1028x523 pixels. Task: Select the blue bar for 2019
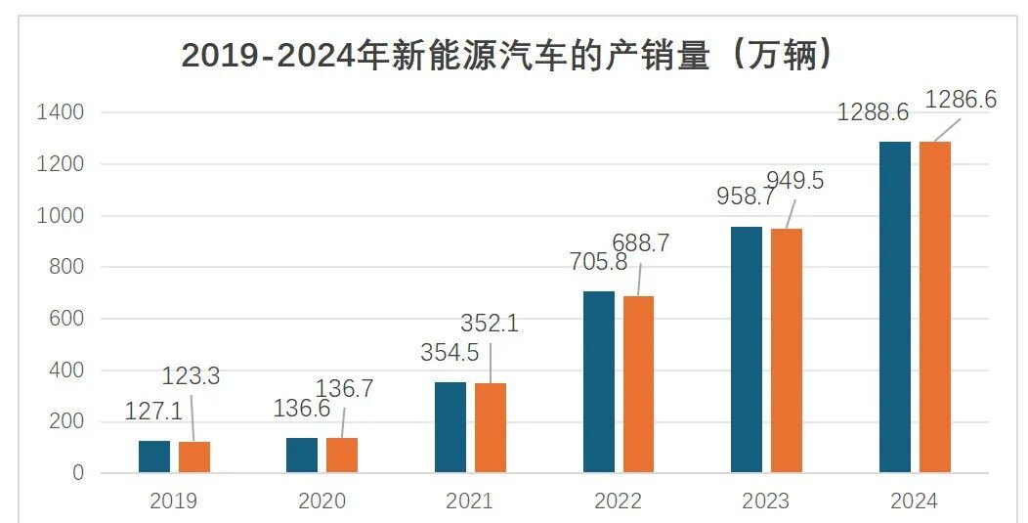click(154, 457)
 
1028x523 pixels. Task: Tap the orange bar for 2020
click(342, 456)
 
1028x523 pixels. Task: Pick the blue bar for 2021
click(450, 427)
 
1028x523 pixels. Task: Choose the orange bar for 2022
click(638, 384)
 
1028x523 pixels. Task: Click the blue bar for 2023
click(747, 350)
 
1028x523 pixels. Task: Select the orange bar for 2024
click(934, 307)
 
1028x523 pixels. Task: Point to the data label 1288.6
click(873, 112)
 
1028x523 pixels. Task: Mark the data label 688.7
click(640, 243)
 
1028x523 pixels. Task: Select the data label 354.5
click(450, 353)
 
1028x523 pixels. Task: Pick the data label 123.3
click(191, 376)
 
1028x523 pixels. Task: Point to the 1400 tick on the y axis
click(61, 113)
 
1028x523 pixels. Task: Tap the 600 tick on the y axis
click(67, 320)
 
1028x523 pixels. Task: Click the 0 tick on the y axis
click(79, 474)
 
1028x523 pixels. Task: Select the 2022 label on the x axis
click(618, 501)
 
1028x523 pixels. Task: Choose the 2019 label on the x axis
click(174, 501)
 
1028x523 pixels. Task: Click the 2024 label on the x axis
click(914, 501)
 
